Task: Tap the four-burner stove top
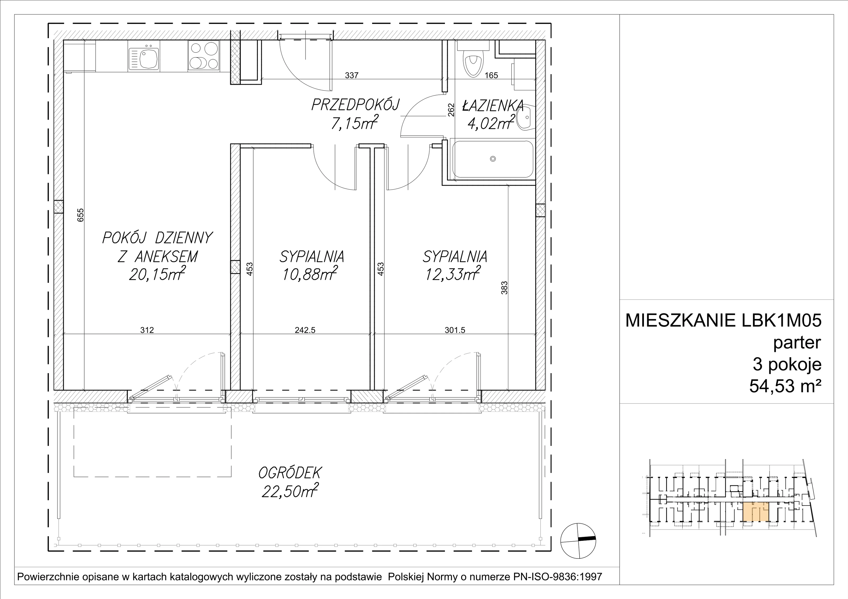(204, 55)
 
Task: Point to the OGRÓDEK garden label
(290, 472)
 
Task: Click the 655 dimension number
(81, 215)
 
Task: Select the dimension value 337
(352, 75)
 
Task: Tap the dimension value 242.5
(305, 330)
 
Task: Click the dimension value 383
(505, 288)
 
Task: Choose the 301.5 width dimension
(455, 330)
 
